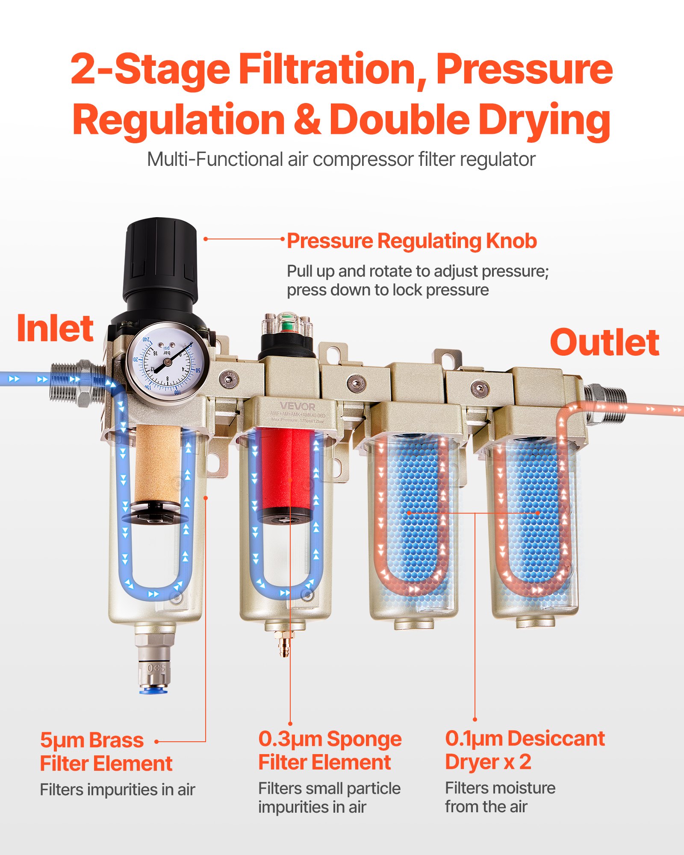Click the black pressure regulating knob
coord(160,261)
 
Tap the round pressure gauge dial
coord(168,362)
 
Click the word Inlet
coord(55,328)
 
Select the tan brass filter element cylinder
coord(157,464)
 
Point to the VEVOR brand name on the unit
coord(298,407)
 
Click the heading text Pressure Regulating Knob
coord(411,241)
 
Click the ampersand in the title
coord(307,120)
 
